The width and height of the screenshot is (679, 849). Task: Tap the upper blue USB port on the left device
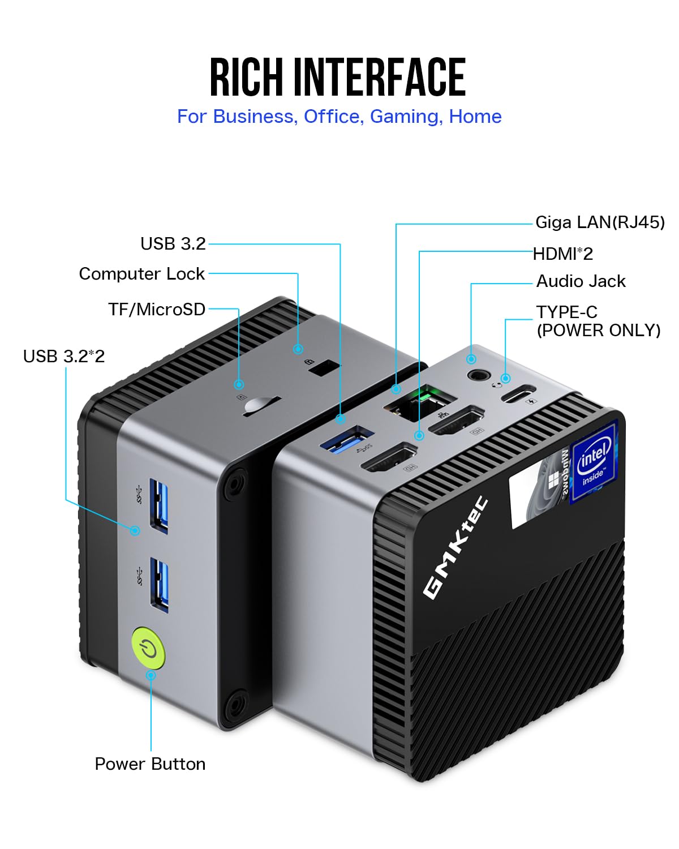click(159, 505)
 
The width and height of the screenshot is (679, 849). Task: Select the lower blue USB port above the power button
click(160, 584)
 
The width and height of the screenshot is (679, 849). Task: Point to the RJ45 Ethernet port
click(420, 401)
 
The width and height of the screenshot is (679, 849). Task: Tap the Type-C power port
click(518, 393)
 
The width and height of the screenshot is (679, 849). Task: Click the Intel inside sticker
click(594, 462)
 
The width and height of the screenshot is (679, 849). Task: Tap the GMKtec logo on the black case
click(455, 547)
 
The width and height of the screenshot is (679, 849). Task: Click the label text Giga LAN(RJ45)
click(600, 222)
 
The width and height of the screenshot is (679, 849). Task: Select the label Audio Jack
click(581, 281)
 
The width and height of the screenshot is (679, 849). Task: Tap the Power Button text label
click(150, 764)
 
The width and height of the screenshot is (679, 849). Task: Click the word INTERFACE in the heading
click(379, 78)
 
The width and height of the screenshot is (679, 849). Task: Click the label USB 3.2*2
click(64, 356)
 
